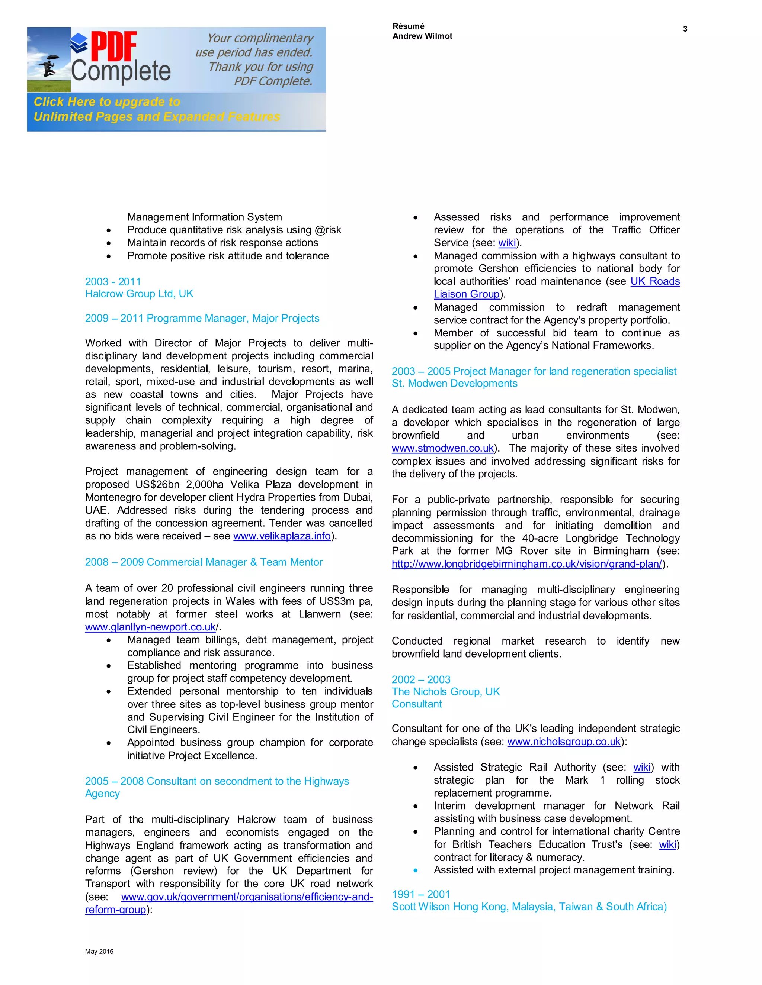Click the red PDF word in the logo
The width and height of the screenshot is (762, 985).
click(x=114, y=46)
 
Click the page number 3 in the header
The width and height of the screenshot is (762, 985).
click(x=685, y=29)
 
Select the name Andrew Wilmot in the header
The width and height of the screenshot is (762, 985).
click(x=422, y=36)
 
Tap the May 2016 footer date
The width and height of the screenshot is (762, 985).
click(x=99, y=951)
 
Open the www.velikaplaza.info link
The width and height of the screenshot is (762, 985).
click(x=282, y=536)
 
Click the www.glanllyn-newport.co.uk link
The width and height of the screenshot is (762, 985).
click(x=150, y=627)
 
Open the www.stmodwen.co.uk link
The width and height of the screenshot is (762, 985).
click(x=442, y=448)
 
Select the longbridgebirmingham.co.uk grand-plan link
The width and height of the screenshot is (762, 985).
click(x=526, y=564)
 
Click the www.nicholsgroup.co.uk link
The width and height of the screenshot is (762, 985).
click(x=564, y=742)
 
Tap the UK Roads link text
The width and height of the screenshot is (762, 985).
click(x=655, y=281)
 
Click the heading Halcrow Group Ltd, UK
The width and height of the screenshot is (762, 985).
click(x=139, y=294)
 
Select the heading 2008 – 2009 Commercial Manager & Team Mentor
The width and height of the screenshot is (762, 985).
click(x=204, y=562)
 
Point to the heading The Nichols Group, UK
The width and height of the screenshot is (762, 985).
click(x=445, y=692)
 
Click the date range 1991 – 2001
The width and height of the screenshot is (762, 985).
click(x=421, y=894)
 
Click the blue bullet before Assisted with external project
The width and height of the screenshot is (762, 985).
click(x=415, y=871)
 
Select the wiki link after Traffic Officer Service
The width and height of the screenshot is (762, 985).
click(x=506, y=243)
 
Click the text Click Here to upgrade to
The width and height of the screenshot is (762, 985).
click(x=107, y=102)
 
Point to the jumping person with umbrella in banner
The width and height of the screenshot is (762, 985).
click(x=49, y=66)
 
